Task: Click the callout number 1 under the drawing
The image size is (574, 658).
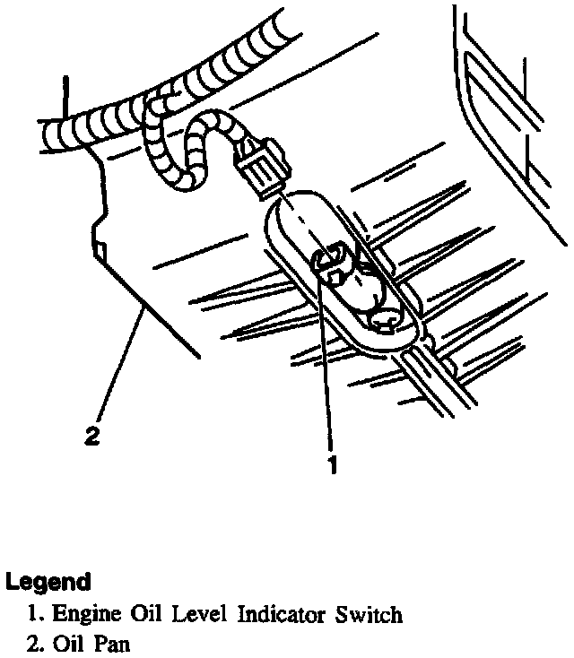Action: (x=333, y=465)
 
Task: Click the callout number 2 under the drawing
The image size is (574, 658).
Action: (x=91, y=437)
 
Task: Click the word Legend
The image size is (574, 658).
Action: (x=48, y=582)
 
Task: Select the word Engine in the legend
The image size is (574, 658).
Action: (x=83, y=616)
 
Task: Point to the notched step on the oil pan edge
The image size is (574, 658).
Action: (x=100, y=242)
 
